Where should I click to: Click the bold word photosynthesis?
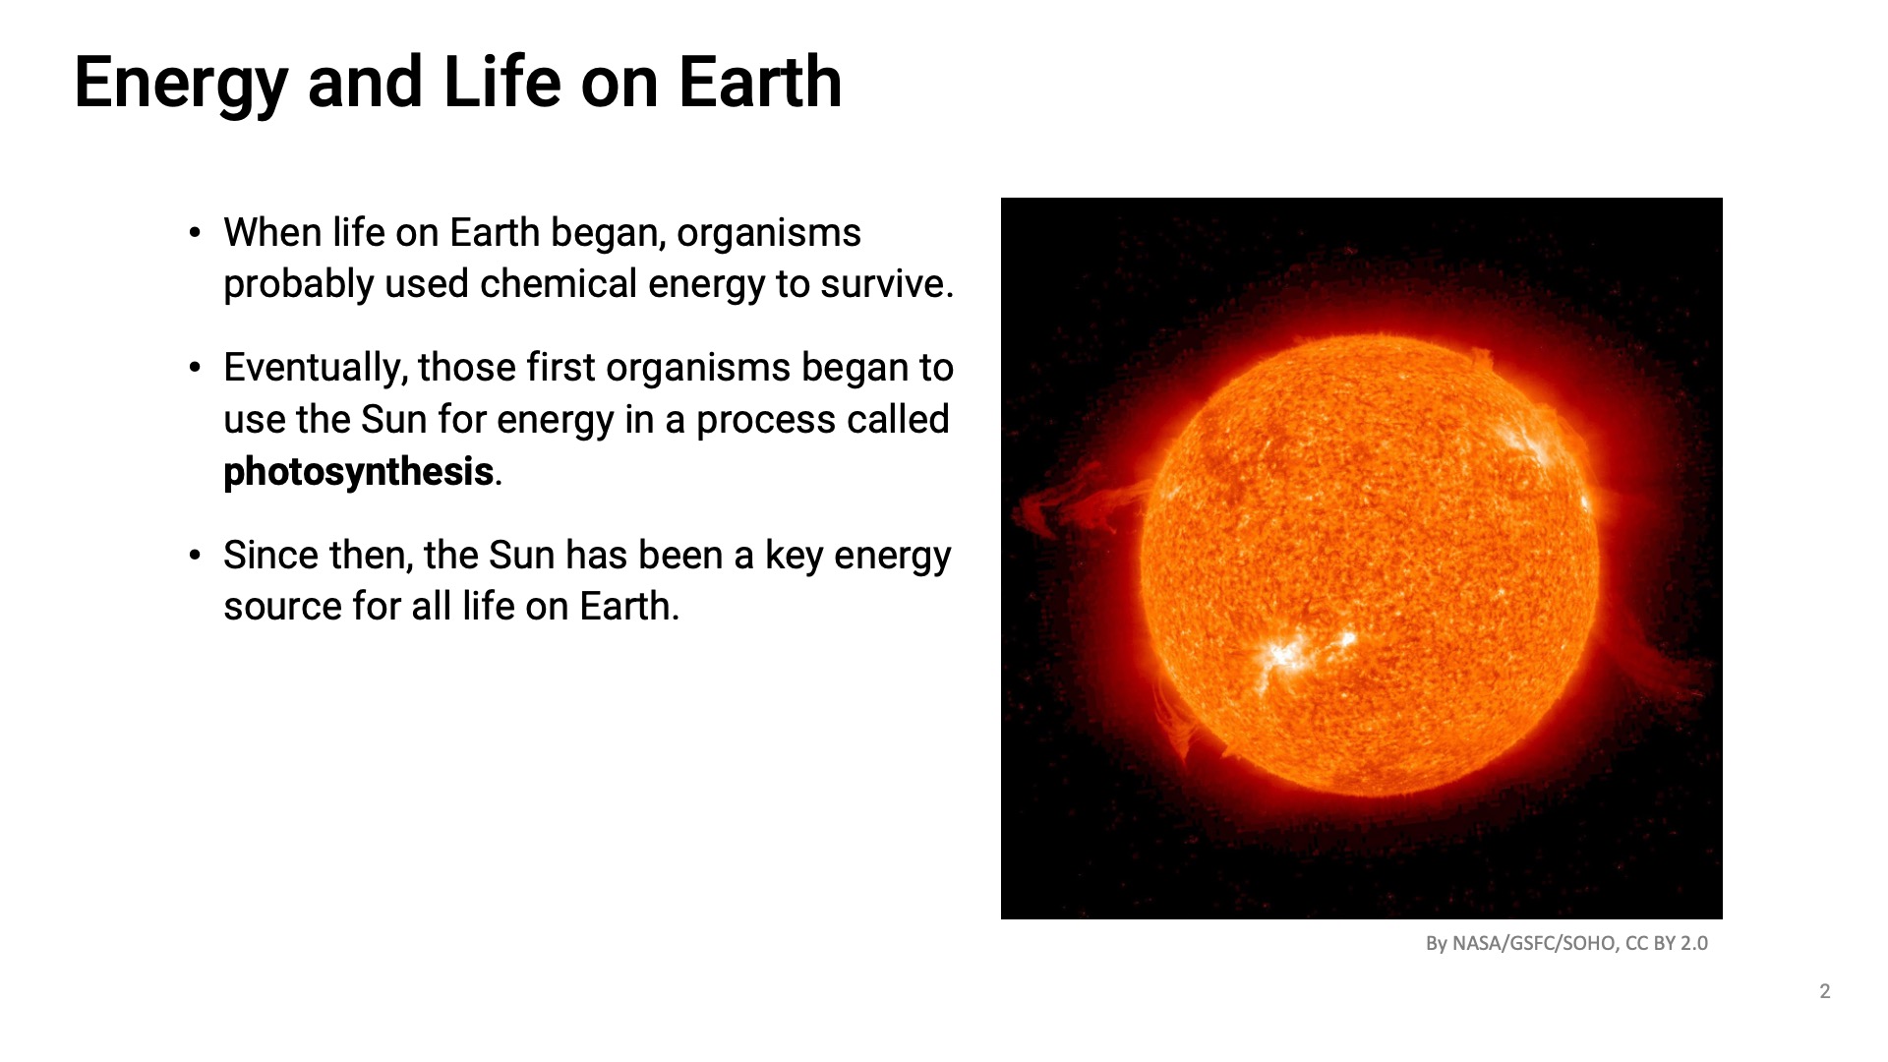358,472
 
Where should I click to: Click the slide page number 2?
1825,991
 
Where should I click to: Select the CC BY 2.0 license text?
1667,943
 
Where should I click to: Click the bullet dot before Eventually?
195,369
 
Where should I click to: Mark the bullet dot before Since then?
195,556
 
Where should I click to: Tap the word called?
899,420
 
